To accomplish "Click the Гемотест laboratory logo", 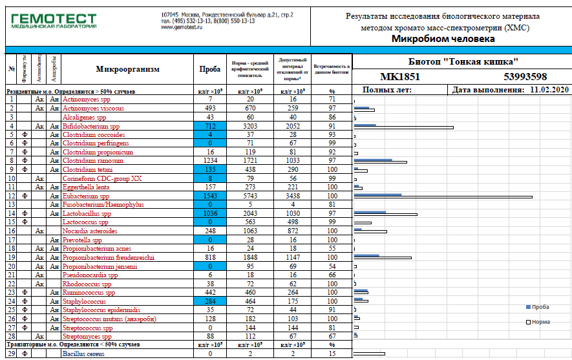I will (54, 20).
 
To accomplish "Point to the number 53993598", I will (525, 77).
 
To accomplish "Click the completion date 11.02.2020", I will (549, 90).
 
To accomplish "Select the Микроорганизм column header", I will (127, 69).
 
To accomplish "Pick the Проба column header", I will (211, 69).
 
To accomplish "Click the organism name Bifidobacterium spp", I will (91, 127).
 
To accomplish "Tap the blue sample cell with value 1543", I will (211, 195).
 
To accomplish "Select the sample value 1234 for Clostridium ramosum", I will (211, 160).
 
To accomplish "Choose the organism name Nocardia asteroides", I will (89, 231).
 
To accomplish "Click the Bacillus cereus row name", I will (83, 354).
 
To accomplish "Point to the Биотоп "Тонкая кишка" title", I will (464, 61).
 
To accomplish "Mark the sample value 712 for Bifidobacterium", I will (211, 127).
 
